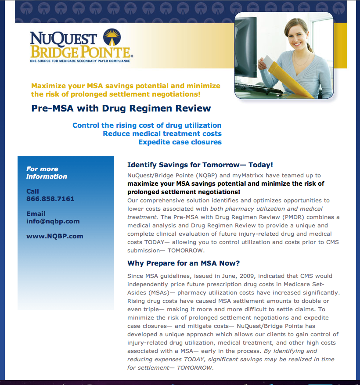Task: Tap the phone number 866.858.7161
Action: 50,199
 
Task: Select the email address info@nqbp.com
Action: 53,221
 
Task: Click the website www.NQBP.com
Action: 54,236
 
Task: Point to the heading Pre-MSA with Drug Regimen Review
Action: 121,108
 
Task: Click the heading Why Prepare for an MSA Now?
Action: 184,263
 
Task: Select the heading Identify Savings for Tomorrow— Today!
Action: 200,165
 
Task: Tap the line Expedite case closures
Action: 180,142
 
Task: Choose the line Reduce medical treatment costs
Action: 162,134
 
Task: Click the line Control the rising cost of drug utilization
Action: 147,126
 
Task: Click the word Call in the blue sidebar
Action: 32,191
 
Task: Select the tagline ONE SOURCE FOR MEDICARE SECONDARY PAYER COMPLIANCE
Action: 80,61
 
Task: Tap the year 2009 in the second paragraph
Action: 227,276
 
